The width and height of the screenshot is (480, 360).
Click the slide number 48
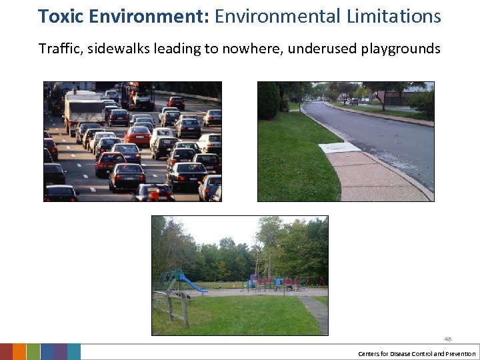[448, 339]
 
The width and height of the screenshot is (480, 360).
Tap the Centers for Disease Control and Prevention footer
[417, 353]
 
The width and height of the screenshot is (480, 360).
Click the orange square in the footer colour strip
[19, 352]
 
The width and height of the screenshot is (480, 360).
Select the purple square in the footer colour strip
[60, 352]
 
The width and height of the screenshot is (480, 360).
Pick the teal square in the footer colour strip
[74, 352]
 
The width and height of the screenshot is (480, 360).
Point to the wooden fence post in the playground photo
[183, 309]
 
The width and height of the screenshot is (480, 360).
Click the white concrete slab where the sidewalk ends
[339, 148]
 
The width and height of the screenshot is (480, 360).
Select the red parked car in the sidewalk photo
[353, 101]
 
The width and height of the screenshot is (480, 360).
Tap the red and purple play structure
[270, 283]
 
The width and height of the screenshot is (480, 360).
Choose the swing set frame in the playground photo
[311, 281]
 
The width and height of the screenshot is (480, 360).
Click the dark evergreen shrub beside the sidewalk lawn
[269, 101]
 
